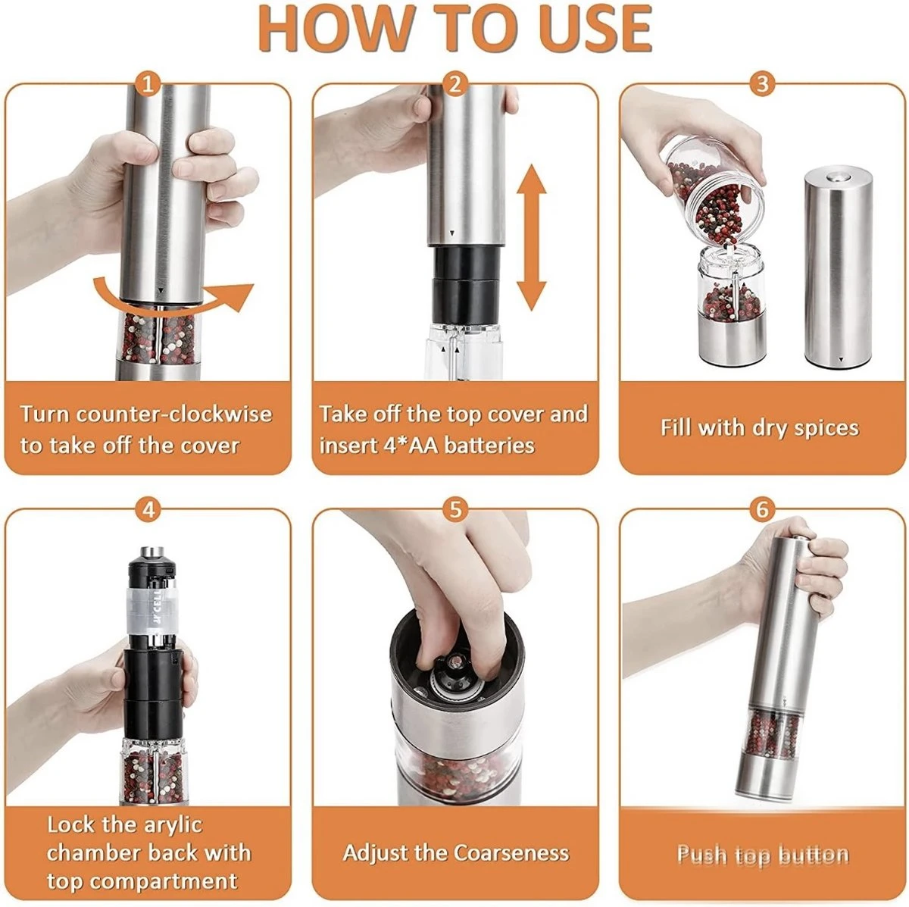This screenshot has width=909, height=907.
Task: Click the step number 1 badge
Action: click(148, 86)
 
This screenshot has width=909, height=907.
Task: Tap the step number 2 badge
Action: click(455, 86)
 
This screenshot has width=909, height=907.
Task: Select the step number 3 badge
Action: click(762, 86)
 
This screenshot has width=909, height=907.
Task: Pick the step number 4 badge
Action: click(148, 510)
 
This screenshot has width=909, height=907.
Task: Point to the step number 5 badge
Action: click(455, 510)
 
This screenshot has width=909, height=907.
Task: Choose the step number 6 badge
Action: click(762, 510)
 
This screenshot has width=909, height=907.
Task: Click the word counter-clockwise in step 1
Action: click(174, 414)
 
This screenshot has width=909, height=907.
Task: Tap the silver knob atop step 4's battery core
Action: click(152, 552)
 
